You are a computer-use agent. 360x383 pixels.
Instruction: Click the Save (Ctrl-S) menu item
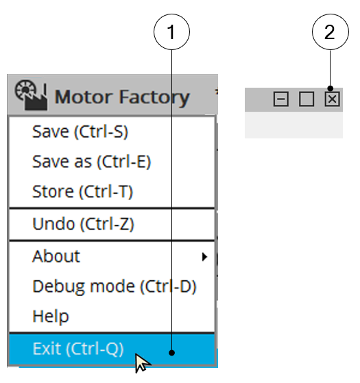80,132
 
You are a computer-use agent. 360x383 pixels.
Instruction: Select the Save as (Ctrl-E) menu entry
92,162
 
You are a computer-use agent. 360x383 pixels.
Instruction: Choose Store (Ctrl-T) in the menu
82,192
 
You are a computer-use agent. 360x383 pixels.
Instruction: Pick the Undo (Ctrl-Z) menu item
84,224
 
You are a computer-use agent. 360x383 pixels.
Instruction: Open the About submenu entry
56,256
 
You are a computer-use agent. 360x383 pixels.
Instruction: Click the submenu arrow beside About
204,257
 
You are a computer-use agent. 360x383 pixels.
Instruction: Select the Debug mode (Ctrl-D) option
115,286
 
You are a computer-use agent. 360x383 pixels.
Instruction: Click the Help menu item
51,317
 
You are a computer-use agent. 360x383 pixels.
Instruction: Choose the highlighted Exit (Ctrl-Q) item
78,349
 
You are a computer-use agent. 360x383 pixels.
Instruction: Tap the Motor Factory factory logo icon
31,95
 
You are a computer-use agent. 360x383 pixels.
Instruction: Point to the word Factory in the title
154,98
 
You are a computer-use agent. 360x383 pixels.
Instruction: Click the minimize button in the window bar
281,99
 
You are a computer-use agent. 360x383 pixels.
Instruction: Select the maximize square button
307,99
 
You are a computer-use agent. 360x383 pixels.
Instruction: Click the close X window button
332,99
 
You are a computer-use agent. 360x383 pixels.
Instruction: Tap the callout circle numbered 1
171,32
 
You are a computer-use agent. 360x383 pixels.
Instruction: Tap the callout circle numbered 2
331,32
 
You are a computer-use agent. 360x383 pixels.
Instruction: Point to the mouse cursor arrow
143,363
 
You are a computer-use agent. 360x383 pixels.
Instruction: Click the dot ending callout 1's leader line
172,353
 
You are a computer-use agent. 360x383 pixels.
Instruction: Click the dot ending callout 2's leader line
331,88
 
